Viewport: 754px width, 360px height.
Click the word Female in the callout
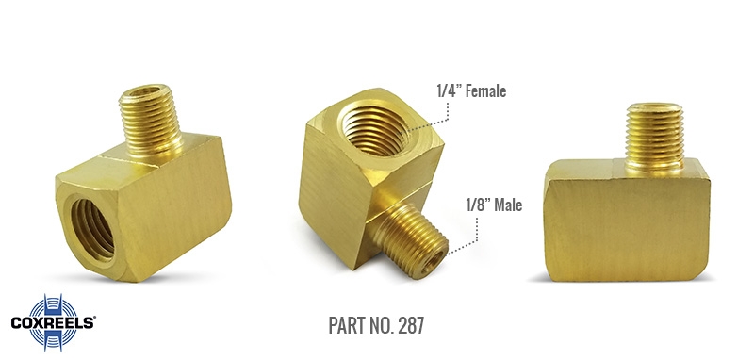tap(485, 90)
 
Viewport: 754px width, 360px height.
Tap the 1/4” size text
tap(450, 90)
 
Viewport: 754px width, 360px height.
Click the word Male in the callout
tap(508, 205)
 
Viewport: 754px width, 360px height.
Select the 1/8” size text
tap(478, 205)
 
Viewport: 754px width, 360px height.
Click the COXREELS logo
tap(53, 322)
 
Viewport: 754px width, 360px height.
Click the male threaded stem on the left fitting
tap(150, 121)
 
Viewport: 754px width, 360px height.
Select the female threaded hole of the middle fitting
tap(375, 130)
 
